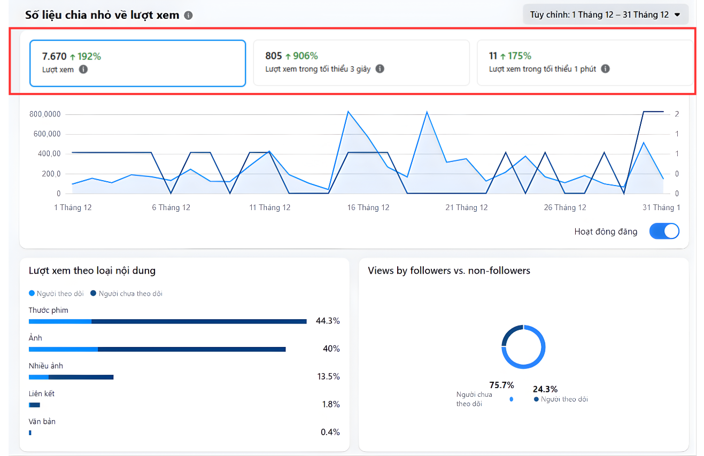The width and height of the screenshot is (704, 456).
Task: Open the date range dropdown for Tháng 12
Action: click(605, 15)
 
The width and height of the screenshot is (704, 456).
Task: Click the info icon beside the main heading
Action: click(188, 16)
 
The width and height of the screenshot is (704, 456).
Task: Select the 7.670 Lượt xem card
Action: click(138, 63)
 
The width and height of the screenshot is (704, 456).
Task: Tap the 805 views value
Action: click(274, 56)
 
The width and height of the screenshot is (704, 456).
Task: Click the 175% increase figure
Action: click(520, 56)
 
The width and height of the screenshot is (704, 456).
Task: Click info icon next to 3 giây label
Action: click(380, 69)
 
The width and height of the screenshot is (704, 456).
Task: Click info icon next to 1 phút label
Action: click(605, 69)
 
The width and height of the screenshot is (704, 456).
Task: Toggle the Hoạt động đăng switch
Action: click(664, 231)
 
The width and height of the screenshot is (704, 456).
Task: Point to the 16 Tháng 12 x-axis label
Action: click(368, 207)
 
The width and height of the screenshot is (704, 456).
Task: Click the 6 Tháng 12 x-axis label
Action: click(171, 207)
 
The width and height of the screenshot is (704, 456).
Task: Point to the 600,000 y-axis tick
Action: click(47, 134)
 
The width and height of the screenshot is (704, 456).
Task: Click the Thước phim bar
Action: click(167, 321)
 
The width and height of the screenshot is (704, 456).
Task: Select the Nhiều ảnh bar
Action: click(71, 377)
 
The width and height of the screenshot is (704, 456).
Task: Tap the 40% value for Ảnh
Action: click(331, 349)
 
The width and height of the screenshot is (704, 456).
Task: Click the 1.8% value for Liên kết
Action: click(331, 404)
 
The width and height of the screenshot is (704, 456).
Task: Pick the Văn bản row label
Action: click(42, 421)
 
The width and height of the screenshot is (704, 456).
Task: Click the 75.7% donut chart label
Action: click(501, 385)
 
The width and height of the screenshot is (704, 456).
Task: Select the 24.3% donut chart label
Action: click(545, 389)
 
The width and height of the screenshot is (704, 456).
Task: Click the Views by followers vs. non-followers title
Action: click(449, 270)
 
